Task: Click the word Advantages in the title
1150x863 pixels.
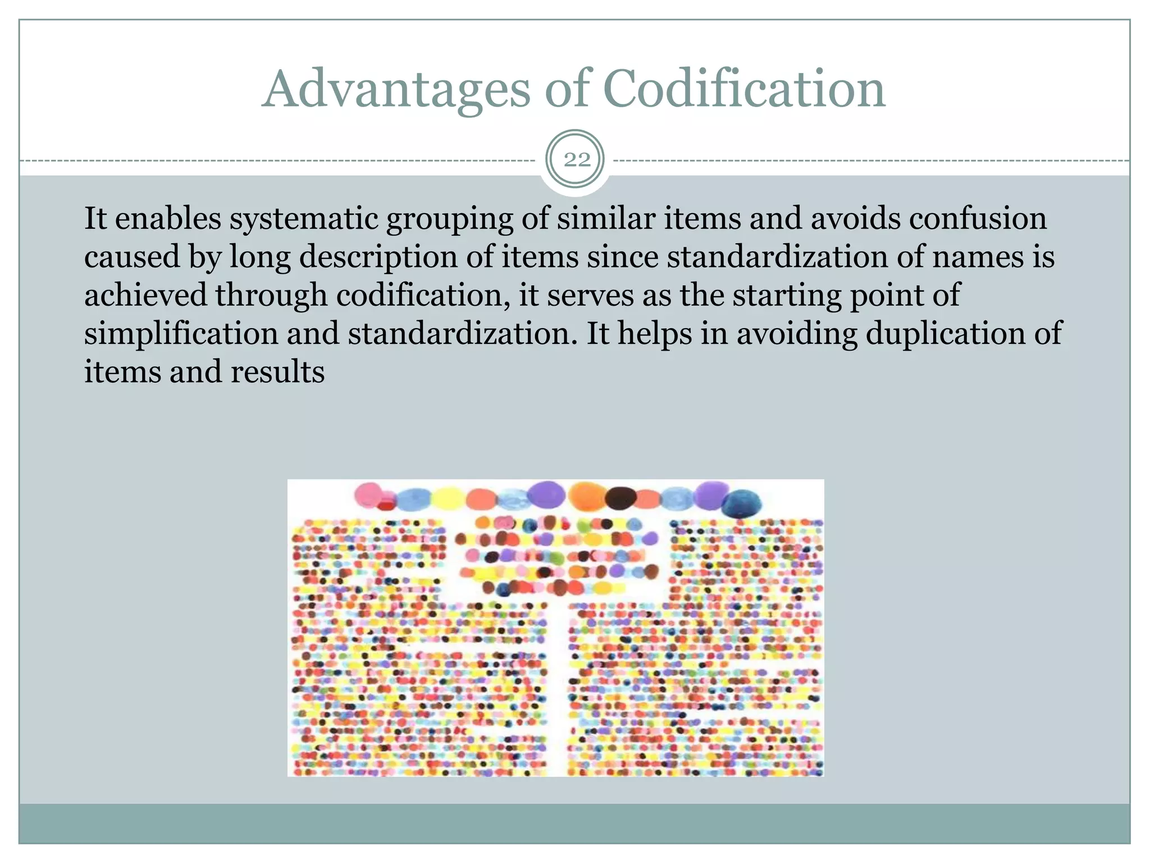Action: pos(396,90)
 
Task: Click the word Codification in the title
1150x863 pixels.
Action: pos(744,90)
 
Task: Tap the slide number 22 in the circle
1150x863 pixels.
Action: pos(577,160)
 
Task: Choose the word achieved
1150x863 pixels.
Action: pos(145,296)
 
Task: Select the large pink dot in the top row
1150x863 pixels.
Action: pos(368,494)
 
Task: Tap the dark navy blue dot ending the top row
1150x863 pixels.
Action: pos(741,503)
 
